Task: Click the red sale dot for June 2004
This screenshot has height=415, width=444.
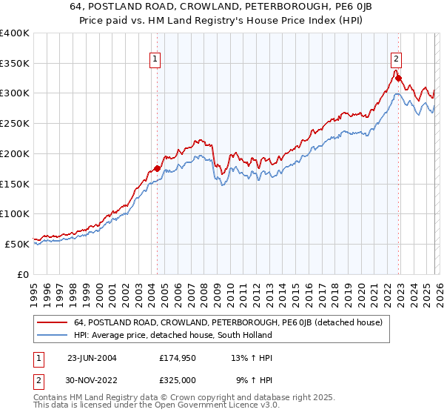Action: pos(157,168)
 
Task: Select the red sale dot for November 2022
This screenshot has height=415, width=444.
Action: pos(398,78)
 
